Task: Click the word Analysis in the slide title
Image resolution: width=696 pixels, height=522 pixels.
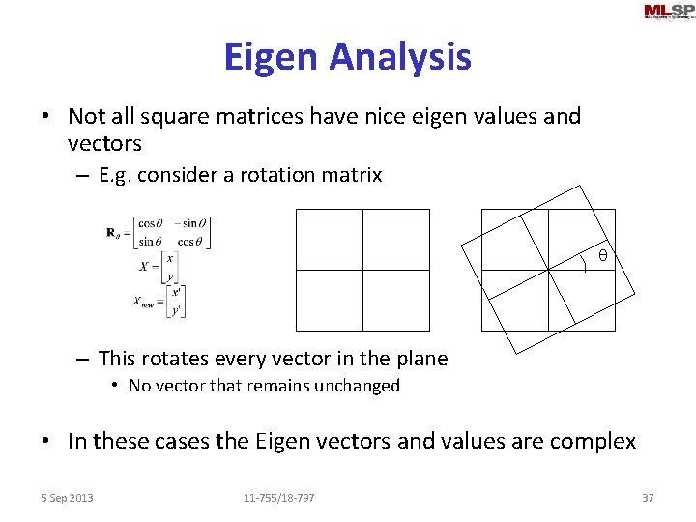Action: click(x=399, y=57)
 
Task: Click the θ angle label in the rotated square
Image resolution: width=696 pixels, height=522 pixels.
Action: click(x=602, y=256)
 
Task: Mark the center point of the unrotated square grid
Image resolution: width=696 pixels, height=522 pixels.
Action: click(x=362, y=271)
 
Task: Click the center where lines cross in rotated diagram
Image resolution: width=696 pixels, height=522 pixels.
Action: click(x=548, y=271)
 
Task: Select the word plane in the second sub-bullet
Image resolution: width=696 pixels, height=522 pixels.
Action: click(x=418, y=359)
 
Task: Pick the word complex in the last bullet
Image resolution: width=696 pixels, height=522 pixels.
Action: click(x=592, y=442)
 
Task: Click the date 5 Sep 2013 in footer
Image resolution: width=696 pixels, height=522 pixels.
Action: click(x=68, y=498)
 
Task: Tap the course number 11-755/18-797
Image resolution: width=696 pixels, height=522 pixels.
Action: click(x=278, y=498)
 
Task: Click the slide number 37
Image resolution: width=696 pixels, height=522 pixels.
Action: click(x=648, y=498)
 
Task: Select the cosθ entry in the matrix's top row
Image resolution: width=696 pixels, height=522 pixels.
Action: click(x=151, y=222)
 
